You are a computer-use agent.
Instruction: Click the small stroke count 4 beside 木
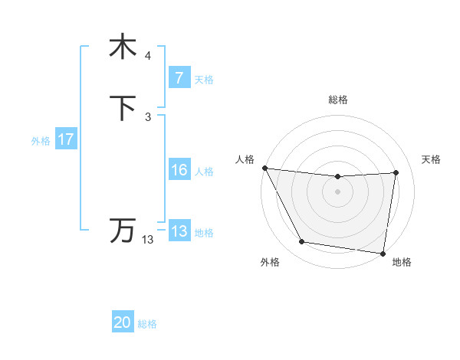(x=147, y=56)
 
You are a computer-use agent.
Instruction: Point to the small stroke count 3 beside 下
(x=147, y=116)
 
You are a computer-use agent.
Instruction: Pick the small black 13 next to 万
(x=147, y=240)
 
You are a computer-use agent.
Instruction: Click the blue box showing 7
(x=179, y=78)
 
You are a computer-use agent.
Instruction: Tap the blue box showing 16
(x=179, y=170)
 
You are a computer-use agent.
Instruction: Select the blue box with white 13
(x=179, y=231)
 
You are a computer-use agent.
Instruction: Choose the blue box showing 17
(x=66, y=139)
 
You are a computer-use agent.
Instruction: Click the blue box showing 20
(x=123, y=323)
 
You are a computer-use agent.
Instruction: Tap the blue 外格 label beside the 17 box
(x=41, y=140)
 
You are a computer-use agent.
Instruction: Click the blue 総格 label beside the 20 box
(x=147, y=324)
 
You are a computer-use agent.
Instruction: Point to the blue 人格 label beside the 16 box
(x=204, y=172)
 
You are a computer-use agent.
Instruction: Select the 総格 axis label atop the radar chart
(x=337, y=100)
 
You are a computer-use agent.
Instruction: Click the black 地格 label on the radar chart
(x=402, y=263)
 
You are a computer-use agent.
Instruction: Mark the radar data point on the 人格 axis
(x=264, y=168)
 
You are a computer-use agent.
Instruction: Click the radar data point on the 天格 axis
(x=396, y=172)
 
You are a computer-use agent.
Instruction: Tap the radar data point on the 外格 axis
(x=302, y=242)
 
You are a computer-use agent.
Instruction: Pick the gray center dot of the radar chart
(x=337, y=191)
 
